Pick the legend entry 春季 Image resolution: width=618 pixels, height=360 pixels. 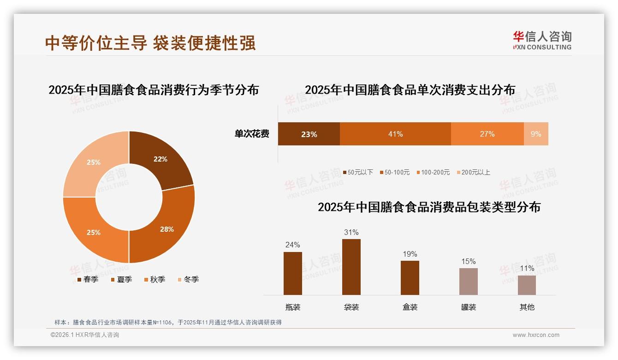coord(88,279)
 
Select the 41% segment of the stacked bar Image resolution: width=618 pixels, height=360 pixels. coord(395,134)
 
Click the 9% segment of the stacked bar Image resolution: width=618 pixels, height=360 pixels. coord(536,134)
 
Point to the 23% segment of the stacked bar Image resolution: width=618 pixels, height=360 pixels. coord(309,134)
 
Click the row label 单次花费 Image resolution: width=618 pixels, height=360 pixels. coord(252,134)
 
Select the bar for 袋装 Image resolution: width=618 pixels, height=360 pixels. coord(351,267)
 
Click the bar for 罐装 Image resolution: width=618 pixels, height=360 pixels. coord(468,281)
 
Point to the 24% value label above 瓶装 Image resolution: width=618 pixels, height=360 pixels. coord(292,245)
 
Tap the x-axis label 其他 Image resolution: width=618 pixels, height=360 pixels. coord(527,307)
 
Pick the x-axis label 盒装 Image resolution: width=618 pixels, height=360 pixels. coord(410,307)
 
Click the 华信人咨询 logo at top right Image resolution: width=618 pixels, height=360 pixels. coord(542,40)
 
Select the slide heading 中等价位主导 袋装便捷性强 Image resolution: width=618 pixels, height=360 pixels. coord(150,43)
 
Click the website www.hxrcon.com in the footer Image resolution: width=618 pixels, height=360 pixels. coord(536,335)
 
